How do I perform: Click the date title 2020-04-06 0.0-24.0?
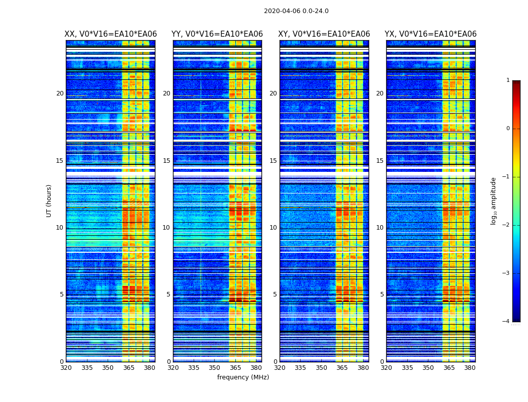[296, 11]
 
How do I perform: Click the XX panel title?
[111, 34]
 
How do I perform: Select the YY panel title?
[217, 34]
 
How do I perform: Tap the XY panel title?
[324, 34]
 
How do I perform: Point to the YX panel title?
[430, 34]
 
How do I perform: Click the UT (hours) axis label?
[49, 200]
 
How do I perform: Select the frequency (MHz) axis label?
[243, 377]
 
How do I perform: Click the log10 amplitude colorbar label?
[494, 200]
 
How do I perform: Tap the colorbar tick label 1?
[508, 80]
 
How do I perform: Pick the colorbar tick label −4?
[507, 322]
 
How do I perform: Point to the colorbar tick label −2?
[507, 225]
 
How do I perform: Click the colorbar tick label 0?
[508, 129]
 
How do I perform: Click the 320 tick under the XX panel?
[66, 368]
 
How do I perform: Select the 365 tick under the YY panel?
[235, 368]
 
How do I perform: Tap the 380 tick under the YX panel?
[470, 368]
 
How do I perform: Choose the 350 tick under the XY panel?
[321, 368]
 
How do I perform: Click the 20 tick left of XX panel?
[60, 93]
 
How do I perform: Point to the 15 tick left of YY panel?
[166, 161]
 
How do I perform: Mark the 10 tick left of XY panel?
[273, 228]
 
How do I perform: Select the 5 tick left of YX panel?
[382, 294]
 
